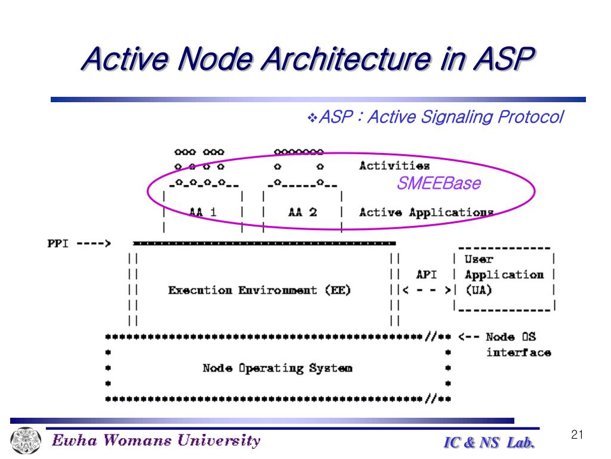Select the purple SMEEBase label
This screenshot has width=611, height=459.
tap(439, 183)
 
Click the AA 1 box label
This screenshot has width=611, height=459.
tap(202, 212)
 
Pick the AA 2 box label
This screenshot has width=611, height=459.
tap(302, 212)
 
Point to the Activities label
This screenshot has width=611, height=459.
tap(394, 166)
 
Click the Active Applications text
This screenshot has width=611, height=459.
tap(426, 212)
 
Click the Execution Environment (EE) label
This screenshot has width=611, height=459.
tap(260, 290)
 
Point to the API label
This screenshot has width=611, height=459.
tap(426, 275)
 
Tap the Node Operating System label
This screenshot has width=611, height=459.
tap(277, 368)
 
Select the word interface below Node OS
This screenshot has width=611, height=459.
tap(518, 353)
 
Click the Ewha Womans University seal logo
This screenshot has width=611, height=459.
tap(24, 441)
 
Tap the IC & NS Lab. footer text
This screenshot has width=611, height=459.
tap(489, 443)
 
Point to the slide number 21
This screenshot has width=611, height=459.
tap(576, 435)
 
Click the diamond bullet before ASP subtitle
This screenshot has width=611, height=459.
tap(313, 118)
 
